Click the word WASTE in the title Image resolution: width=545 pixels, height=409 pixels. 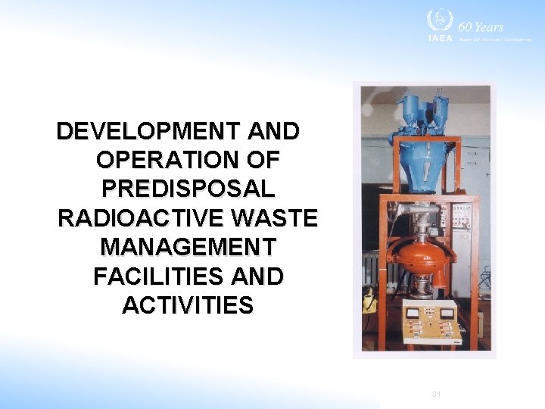[x=274, y=218]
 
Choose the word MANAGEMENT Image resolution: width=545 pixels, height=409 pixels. [x=188, y=248]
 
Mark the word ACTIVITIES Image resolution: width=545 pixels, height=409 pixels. [x=187, y=305]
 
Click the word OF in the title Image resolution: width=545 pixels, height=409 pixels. [x=263, y=161]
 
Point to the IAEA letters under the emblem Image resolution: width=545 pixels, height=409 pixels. [x=439, y=39]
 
